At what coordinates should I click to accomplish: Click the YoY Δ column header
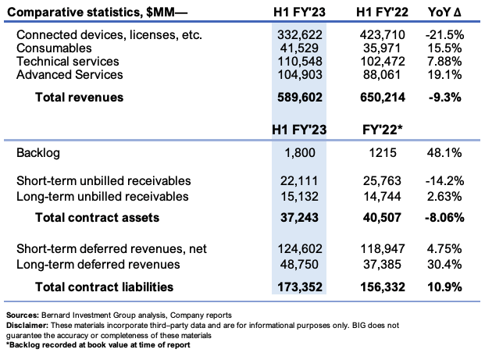click(x=444, y=12)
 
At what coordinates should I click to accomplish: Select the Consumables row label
click(x=54, y=48)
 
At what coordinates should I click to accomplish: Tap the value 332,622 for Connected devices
click(x=299, y=34)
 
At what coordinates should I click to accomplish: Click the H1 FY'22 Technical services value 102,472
click(x=383, y=61)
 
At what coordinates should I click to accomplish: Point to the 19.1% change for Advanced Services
click(x=444, y=74)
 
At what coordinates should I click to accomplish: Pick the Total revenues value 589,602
click(x=299, y=97)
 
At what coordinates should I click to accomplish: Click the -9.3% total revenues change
click(x=445, y=97)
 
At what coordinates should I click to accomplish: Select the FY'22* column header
click(x=383, y=130)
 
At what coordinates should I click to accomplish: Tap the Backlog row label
click(x=38, y=153)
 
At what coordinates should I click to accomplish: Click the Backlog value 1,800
click(x=300, y=153)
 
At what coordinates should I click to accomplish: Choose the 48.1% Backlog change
click(x=444, y=153)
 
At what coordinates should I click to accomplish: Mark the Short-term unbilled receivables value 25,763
click(x=383, y=181)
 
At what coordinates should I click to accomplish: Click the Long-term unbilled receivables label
click(x=102, y=197)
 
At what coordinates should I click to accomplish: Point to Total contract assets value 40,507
click(x=383, y=217)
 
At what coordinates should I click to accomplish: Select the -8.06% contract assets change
click(x=444, y=217)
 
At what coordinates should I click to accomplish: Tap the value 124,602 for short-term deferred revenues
click(x=300, y=248)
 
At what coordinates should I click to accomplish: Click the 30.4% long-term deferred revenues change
click(x=444, y=265)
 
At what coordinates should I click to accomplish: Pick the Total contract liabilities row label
click(x=104, y=287)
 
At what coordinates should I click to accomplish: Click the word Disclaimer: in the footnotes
click(x=27, y=326)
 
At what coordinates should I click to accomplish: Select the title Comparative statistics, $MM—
click(x=97, y=12)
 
